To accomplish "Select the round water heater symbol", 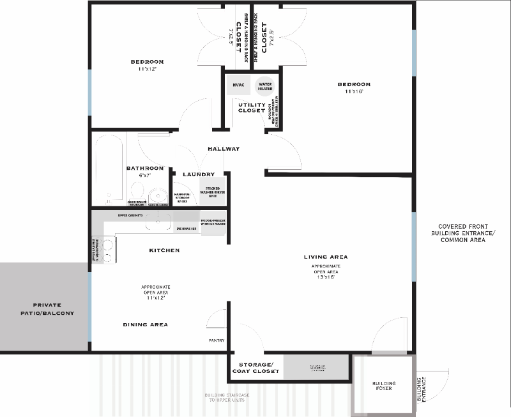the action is [x=264, y=86].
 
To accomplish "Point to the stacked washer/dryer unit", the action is [x=213, y=191].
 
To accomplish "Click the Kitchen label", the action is [x=164, y=250].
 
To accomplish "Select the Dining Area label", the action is [x=146, y=324].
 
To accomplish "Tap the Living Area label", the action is [x=326, y=257].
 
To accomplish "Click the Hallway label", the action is [x=224, y=149].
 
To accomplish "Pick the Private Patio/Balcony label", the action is [x=45, y=309].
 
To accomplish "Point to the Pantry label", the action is [x=217, y=340].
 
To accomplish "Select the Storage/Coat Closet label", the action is [x=255, y=367].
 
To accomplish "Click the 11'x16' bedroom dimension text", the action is [x=353, y=91].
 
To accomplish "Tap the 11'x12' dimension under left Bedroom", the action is [x=147, y=69].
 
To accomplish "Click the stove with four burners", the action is [x=107, y=250].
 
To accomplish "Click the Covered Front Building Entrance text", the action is [x=466, y=233].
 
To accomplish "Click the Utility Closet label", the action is [x=252, y=107].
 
